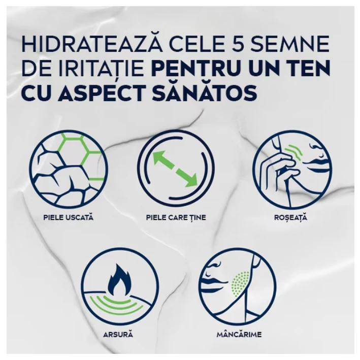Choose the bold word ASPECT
pos(103,92)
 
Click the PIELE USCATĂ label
pos(69,217)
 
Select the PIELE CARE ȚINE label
pos(176,217)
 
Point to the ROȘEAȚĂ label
pos(290,217)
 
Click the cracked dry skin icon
pos(69,169)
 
